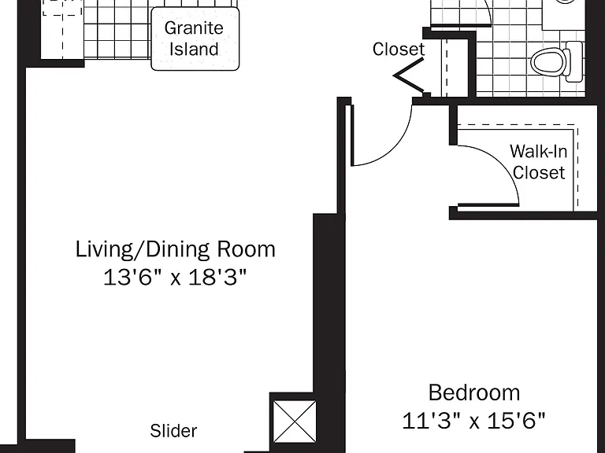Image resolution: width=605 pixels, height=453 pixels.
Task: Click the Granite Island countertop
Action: click(x=195, y=39)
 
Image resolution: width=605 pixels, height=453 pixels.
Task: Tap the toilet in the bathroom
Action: click(x=556, y=61)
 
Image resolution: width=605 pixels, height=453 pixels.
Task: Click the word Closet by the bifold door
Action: click(x=399, y=50)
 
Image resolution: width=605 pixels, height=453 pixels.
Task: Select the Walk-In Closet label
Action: click(x=539, y=162)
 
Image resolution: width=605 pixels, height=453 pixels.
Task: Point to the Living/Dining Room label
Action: click(x=175, y=249)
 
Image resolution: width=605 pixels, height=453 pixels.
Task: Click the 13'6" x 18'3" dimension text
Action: click(x=175, y=277)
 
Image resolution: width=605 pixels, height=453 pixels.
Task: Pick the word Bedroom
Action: click(x=474, y=392)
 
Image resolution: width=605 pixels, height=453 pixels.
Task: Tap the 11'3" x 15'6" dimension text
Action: click(x=473, y=421)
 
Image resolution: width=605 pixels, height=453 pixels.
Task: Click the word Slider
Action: click(x=173, y=431)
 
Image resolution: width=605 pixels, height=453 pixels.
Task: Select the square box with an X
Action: click(x=295, y=422)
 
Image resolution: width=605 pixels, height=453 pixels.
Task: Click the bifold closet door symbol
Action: click(x=409, y=75)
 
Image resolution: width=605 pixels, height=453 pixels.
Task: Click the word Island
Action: click(x=194, y=50)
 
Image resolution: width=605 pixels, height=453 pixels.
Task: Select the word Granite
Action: click(x=194, y=28)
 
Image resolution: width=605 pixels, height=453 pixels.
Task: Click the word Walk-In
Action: click(x=539, y=151)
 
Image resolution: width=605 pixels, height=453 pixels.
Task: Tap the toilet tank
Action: click(x=574, y=61)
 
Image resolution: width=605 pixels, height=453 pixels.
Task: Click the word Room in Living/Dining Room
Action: click(x=246, y=249)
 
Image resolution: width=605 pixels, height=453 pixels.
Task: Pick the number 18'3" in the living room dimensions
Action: click(x=217, y=277)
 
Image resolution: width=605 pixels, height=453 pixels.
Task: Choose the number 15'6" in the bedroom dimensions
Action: click(x=517, y=421)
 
